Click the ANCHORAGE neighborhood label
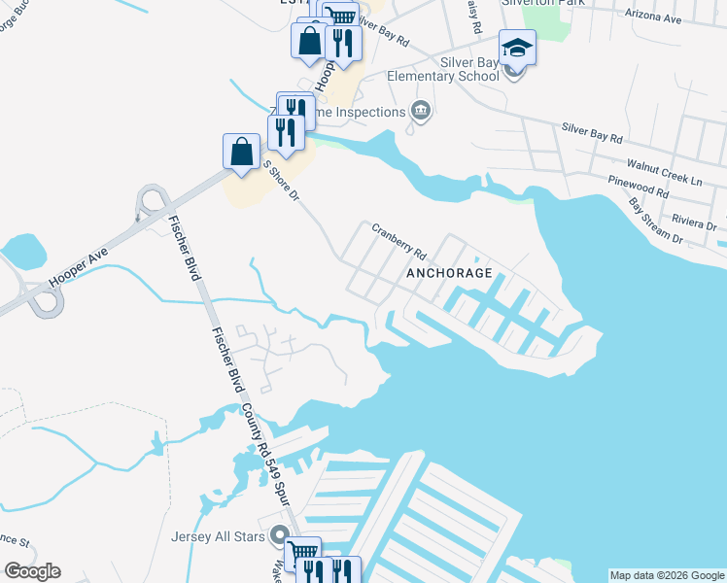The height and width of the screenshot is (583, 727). click(x=450, y=273)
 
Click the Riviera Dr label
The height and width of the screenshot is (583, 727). click(x=698, y=223)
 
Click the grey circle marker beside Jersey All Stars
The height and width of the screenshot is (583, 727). click(x=280, y=534)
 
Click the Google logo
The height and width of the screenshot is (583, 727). click(x=32, y=571)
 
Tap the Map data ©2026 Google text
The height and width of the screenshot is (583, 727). click(x=667, y=574)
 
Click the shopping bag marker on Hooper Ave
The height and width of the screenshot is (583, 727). click(x=241, y=152)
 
